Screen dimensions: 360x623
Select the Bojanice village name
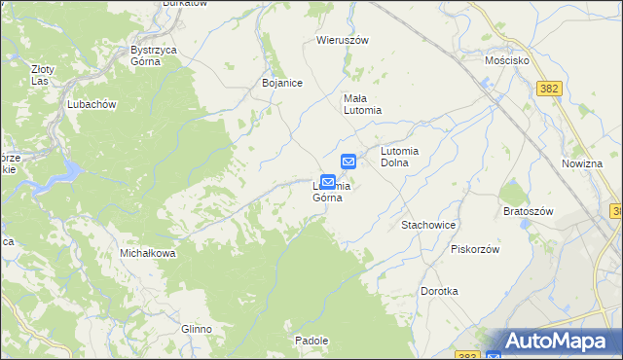[x=282, y=84]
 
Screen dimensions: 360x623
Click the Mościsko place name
[x=506, y=60]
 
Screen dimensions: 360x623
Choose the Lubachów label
[x=92, y=105]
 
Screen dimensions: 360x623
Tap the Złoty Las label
[x=42, y=76]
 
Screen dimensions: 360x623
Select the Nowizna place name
[x=582, y=164]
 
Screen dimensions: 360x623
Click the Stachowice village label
[x=428, y=225]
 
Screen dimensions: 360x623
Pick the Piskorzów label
[x=475, y=249]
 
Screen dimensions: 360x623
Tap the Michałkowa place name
[x=147, y=253]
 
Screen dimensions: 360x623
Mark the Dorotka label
[x=439, y=291]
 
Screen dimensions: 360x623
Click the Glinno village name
[x=196, y=329]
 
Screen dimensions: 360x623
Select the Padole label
[x=311, y=341]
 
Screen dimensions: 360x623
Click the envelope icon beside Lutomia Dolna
[x=348, y=162]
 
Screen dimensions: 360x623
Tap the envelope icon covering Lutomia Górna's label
[x=328, y=182]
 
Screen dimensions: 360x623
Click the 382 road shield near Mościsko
[x=549, y=89]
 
